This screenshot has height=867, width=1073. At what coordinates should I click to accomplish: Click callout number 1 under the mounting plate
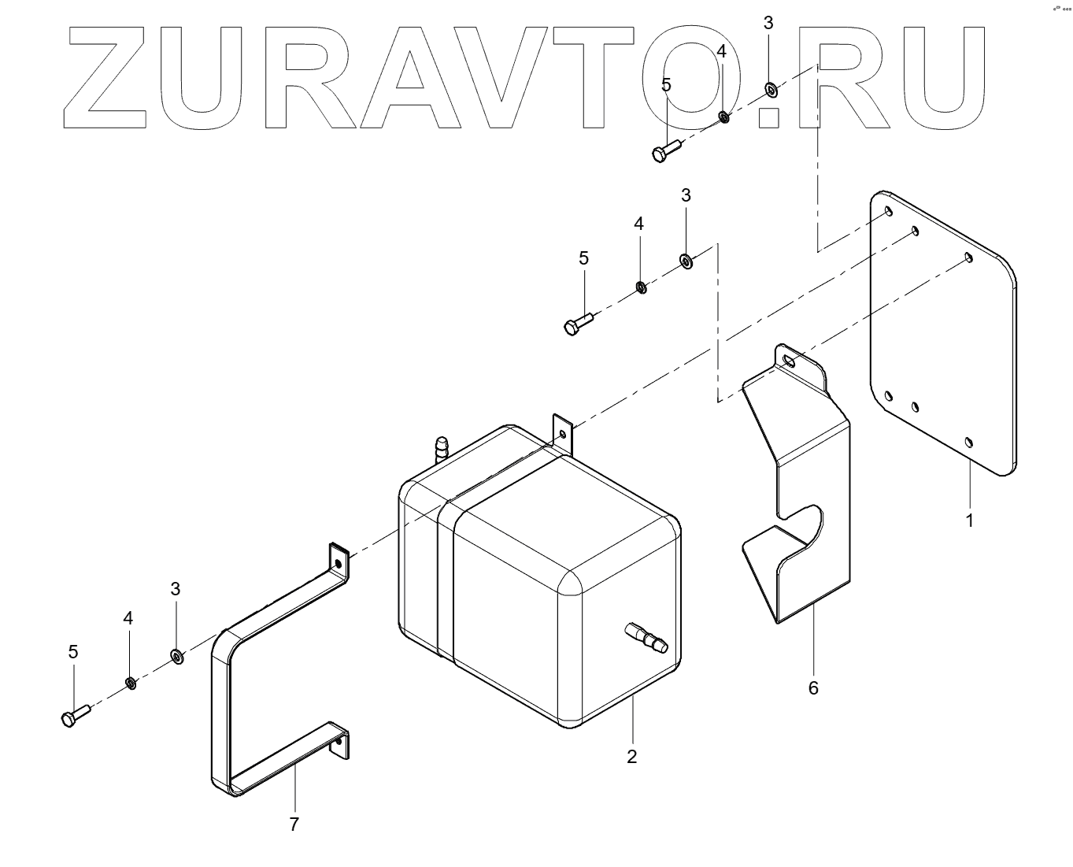point(970,521)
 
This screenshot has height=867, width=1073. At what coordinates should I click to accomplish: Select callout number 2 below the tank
point(631,757)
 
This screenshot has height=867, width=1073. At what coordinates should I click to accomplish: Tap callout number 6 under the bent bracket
point(813,688)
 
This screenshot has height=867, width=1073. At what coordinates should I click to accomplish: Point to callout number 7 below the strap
point(294,824)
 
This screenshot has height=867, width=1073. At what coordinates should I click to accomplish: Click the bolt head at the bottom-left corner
point(68,719)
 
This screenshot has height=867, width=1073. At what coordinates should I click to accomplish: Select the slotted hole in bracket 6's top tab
point(788,360)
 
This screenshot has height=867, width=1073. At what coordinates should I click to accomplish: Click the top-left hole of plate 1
point(887,211)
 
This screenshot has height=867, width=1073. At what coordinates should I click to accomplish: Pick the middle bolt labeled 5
point(573,327)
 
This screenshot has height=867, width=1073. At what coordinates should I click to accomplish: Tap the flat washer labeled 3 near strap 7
point(176,655)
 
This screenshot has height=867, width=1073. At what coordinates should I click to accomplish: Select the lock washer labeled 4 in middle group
point(641,286)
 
